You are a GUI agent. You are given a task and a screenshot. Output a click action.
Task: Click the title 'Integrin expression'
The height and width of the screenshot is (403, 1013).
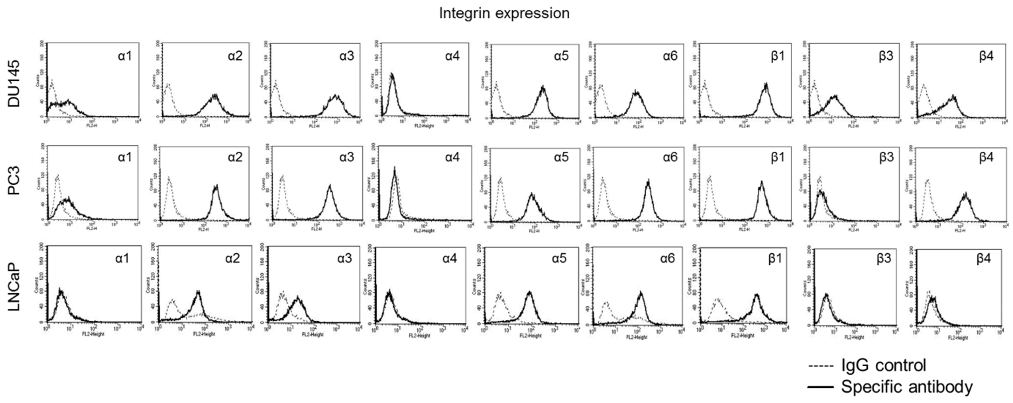coord(504,13)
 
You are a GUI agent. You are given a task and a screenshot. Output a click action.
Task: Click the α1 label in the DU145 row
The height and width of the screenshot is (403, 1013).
coord(125,56)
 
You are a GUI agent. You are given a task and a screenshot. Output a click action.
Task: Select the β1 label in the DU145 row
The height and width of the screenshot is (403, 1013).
coord(777,56)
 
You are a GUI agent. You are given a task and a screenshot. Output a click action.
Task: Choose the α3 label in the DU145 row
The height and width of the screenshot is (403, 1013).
coord(347,56)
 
